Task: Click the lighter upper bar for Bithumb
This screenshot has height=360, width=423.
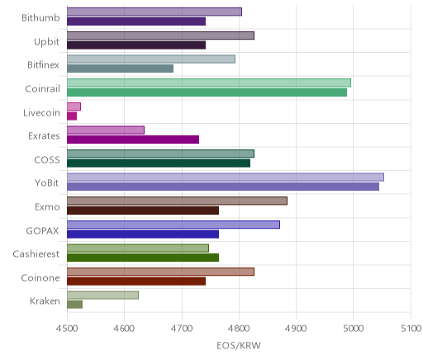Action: click(x=154, y=12)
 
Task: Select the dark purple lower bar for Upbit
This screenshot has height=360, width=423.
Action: click(x=136, y=45)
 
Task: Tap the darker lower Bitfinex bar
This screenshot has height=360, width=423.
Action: click(x=120, y=69)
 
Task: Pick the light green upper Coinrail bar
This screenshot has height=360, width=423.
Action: click(x=209, y=83)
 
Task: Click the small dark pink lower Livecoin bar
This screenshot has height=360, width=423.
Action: click(x=72, y=116)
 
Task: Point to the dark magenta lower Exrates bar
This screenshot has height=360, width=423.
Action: click(x=133, y=140)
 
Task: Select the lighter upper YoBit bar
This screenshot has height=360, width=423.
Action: click(x=226, y=178)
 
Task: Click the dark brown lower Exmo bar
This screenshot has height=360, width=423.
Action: click(x=143, y=211)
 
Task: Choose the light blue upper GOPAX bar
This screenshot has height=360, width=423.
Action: click(x=173, y=225)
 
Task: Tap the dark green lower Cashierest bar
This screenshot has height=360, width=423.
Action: click(x=143, y=258)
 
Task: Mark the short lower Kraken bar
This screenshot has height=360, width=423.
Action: click(x=74, y=305)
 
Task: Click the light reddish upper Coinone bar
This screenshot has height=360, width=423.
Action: click(x=160, y=272)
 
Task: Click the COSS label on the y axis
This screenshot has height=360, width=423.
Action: click(x=47, y=160)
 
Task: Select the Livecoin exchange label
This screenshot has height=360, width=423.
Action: click(x=41, y=113)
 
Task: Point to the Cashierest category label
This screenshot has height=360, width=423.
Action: click(x=36, y=253)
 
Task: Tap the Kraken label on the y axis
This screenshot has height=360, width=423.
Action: click(x=45, y=301)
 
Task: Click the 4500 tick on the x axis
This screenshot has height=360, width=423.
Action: click(x=67, y=329)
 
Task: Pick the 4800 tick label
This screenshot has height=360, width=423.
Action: click(x=239, y=329)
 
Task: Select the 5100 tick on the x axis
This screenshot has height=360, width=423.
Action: click(x=411, y=329)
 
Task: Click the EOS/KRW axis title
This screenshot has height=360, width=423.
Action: click(x=239, y=345)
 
